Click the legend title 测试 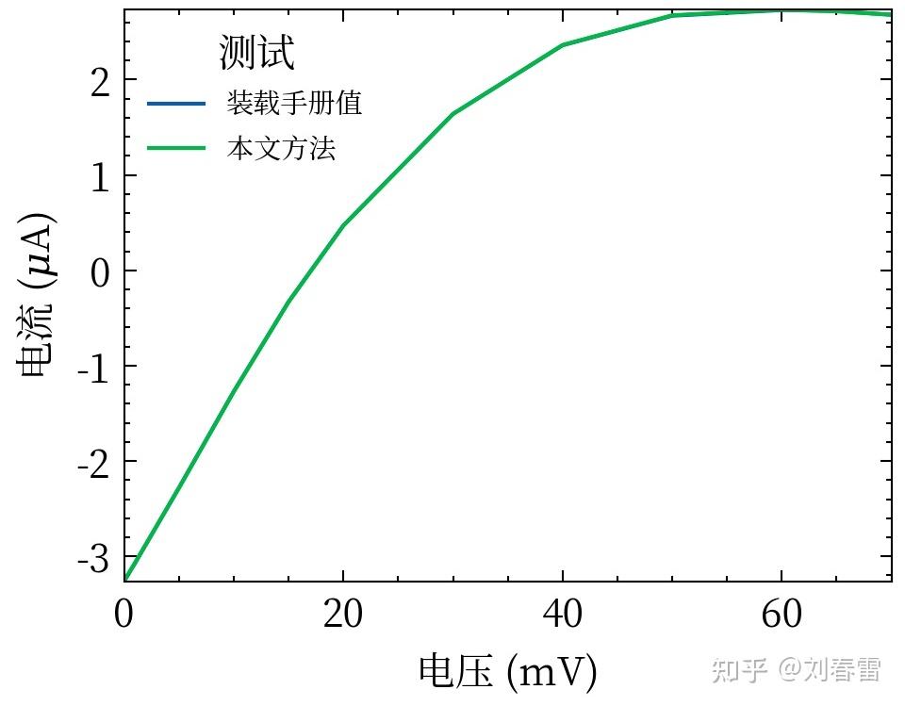click(x=256, y=53)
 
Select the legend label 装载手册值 click(x=294, y=103)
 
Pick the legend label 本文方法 click(x=281, y=149)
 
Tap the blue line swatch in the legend click(x=176, y=103)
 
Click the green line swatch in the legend click(x=176, y=149)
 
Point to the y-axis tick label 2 click(x=101, y=80)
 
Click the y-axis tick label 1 click(x=101, y=175)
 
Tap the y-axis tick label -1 click(x=94, y=366)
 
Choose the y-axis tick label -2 click(x=94, y=461)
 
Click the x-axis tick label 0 click(x=124, y=615)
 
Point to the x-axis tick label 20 click(x=343, y=615)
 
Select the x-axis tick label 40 click(x=563, y=615)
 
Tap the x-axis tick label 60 click(x=782, y=615)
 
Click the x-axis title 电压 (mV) click(x=508, y=671)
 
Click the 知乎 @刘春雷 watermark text click(x=797, y=669)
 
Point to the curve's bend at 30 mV click(x=453, y=114)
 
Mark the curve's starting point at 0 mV click(x=125, y=578)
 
